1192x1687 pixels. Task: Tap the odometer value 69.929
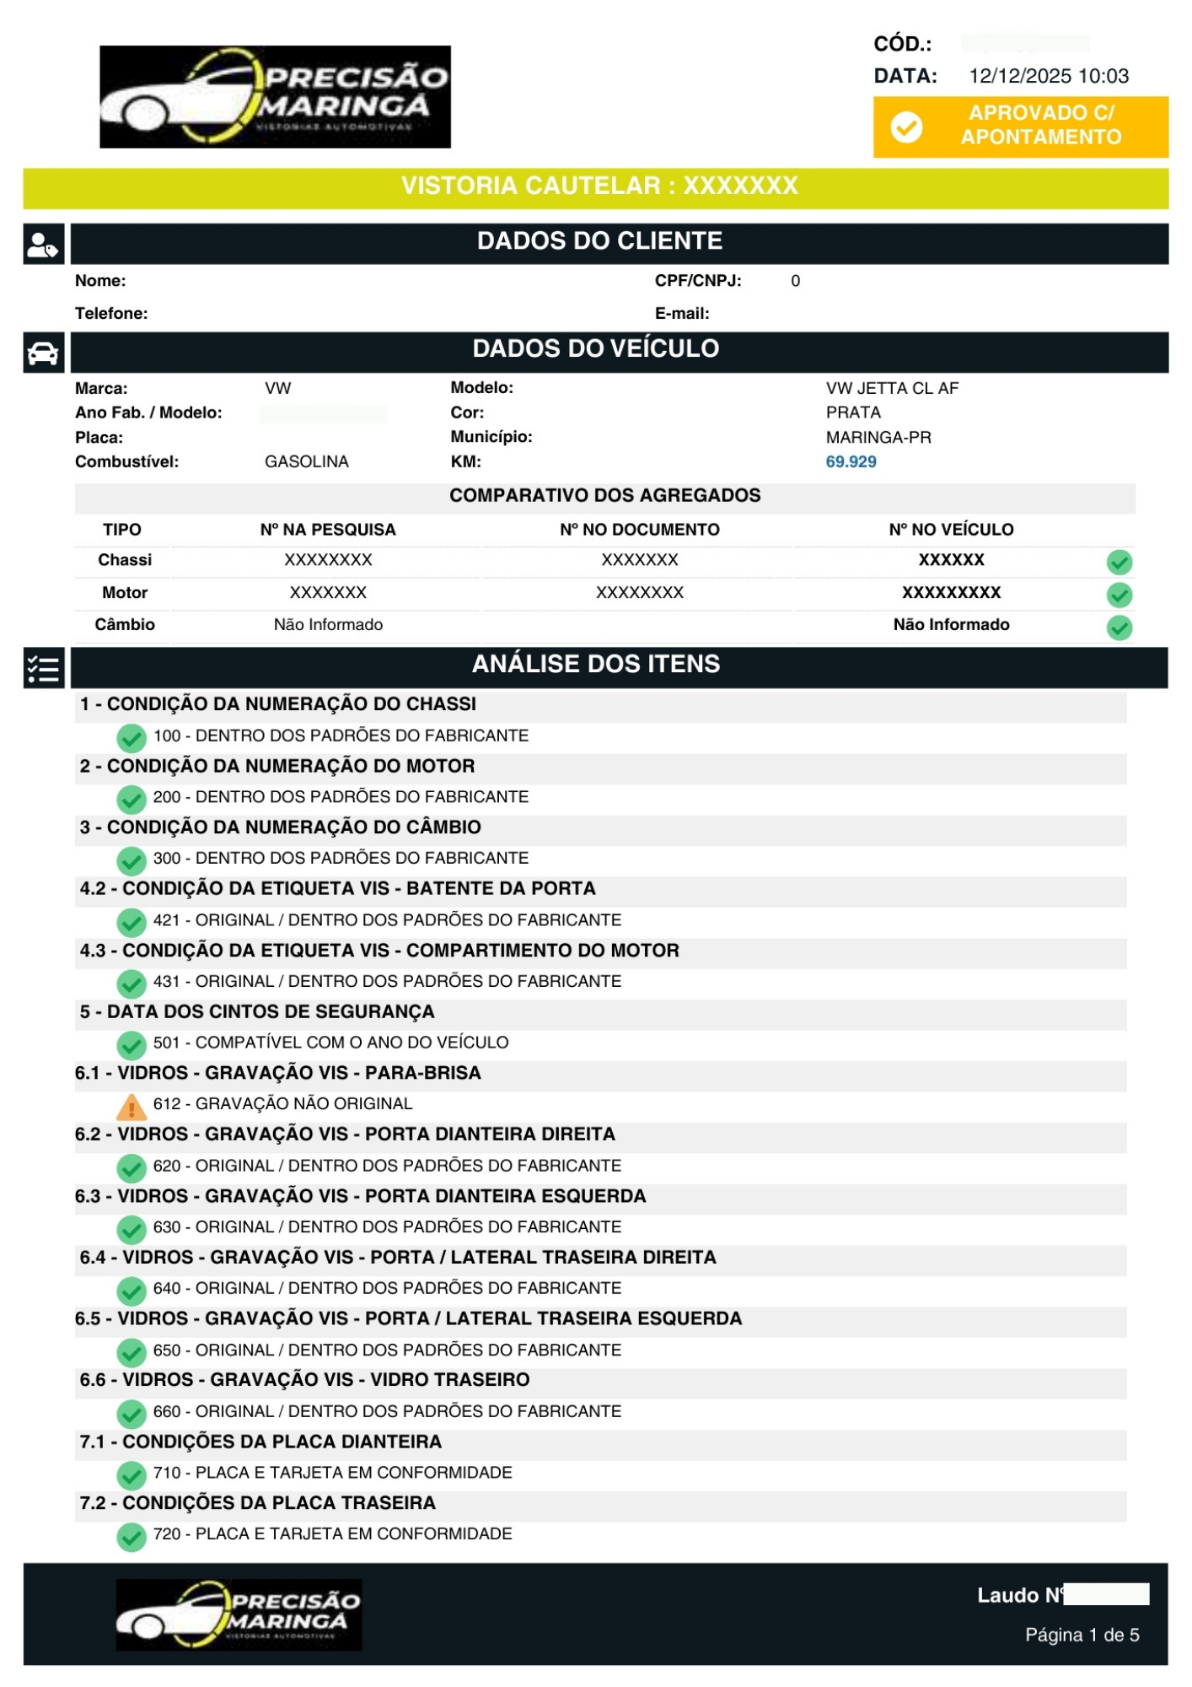tap(851, 461)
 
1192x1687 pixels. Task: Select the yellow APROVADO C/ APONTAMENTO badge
tap(1020, 127)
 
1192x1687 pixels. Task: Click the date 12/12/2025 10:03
tap(1048, 76)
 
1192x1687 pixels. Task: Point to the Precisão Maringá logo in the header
tap(275, 97)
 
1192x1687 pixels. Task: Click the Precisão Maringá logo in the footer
tap(239, 1614)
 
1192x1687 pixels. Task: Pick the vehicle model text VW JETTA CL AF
tap(892, 388)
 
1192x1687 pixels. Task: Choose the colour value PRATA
tap(853, 412)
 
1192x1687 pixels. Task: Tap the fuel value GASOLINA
tap(306, 461)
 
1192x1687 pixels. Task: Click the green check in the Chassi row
tap(1119, 562)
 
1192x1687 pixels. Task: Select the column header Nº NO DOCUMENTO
tap(639, 530)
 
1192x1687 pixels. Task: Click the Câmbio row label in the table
tap(125, 624)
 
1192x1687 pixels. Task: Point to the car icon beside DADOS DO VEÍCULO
tap(43, 353)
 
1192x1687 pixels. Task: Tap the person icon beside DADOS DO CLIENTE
tap(43, 245)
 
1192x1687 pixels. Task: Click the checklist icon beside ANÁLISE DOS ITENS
tap(43, 669)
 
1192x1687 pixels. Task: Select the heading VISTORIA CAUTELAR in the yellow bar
tap(599, 186)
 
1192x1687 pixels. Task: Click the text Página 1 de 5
tap(1082, 1635)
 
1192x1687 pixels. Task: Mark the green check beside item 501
tap(131, 1045)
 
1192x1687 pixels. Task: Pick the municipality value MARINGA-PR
tap(878, 437)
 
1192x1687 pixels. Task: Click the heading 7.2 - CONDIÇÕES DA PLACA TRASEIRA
tap(257, 1503)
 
